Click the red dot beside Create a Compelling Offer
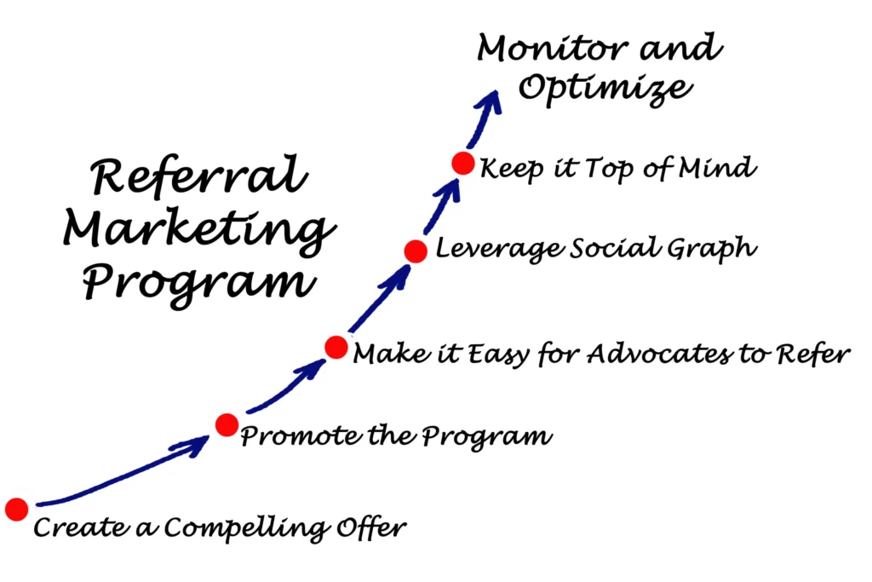point(16,509)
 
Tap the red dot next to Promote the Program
point(227,424)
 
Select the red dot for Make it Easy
point(336,347)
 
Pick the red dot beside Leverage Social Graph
point(416,251)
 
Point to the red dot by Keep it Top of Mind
point(462,163)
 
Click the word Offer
point(376,527)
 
